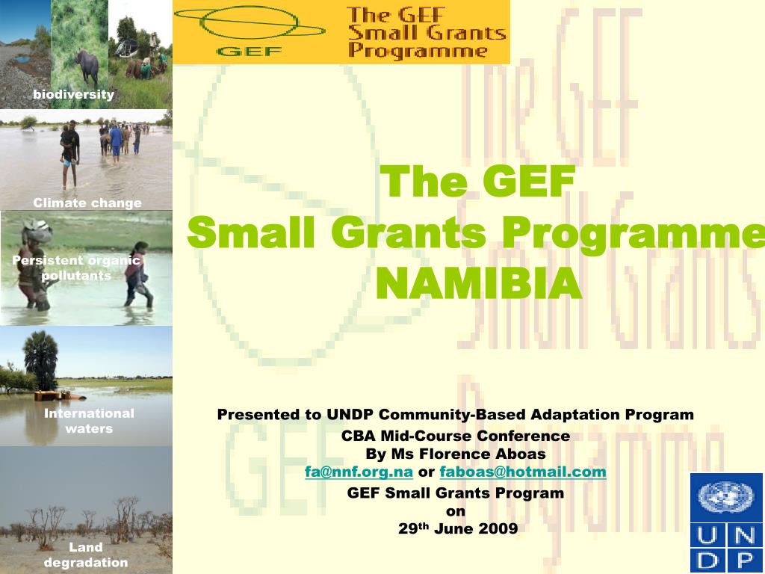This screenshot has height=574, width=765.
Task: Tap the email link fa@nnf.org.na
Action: coord(359,472)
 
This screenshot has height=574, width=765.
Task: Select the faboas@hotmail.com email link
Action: coord(523,472)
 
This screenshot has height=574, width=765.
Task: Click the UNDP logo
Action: coord(726,522)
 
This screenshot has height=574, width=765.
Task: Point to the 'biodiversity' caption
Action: coord(73,94)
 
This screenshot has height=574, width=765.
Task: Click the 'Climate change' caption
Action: coord(87,203)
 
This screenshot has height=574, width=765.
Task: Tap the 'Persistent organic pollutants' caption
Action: coord(76,268)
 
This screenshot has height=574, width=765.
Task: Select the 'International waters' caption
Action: coord(89,421)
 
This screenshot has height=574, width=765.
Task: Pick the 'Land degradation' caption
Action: coord(86,555)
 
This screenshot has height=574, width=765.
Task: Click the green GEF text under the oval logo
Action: coord(248,51)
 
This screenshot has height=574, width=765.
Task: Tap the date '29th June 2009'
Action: coord(457,528)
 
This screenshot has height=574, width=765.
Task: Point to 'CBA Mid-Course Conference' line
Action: coord(456,436)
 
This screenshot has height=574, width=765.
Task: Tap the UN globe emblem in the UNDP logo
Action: coord(726,497)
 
